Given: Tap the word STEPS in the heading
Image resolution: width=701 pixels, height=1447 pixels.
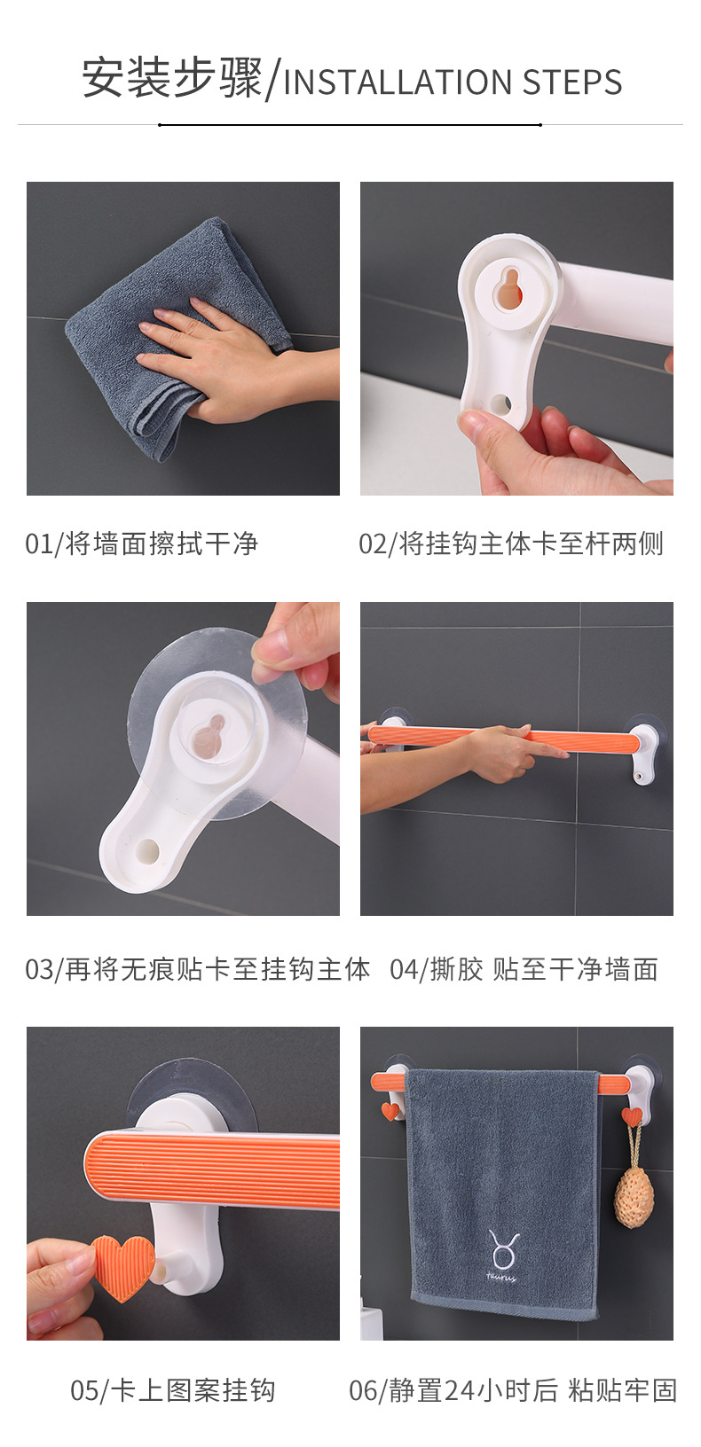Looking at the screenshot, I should (571, 82).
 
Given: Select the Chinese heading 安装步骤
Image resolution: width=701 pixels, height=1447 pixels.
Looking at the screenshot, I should (173, 79).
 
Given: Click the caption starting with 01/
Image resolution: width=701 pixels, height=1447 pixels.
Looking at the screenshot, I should (142, 544).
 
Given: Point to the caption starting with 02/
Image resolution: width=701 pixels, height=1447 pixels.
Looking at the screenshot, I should (511, 544).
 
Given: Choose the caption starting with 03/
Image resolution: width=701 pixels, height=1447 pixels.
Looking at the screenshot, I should (197, 969).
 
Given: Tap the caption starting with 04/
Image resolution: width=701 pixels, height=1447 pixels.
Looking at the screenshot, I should (524, 969).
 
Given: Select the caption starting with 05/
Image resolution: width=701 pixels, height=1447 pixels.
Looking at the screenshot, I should (173, 1389).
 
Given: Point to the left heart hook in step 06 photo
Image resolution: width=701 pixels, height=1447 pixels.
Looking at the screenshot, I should (390, 1110).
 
